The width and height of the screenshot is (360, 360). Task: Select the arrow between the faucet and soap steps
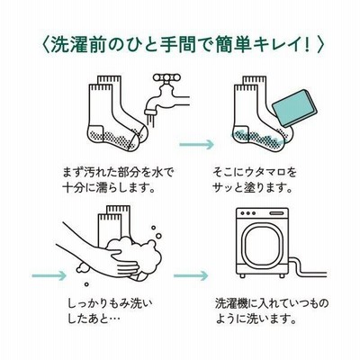(197, 145)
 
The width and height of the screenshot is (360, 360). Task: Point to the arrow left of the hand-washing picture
(49, 275)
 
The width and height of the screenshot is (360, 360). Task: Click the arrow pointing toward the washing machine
(191, 275)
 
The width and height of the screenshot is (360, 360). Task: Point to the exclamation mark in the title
(307, 46)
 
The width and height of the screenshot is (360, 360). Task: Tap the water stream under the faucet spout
(149, 119)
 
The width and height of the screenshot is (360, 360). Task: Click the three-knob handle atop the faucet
(166, 78)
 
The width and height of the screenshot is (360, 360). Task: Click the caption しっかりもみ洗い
(111, 304)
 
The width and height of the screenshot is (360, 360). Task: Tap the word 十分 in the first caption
(73, 188)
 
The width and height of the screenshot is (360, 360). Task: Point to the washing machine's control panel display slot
(276, 213)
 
